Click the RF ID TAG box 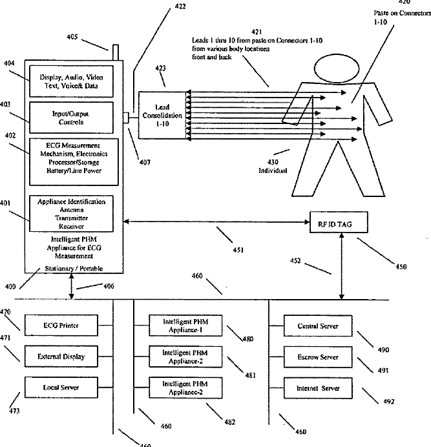tap(337, 224)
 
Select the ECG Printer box tap(61, 325)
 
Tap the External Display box tap(61, 356)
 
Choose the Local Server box tap(61, 386)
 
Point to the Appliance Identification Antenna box tap(72, 213)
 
